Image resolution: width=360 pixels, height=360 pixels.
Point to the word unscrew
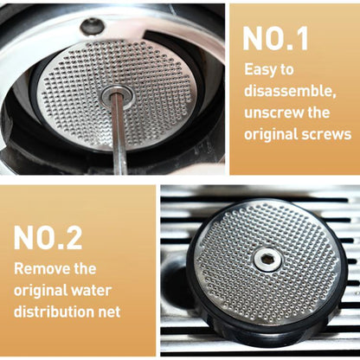point(273,113)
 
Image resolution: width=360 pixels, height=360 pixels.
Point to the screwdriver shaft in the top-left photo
point(119,138)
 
